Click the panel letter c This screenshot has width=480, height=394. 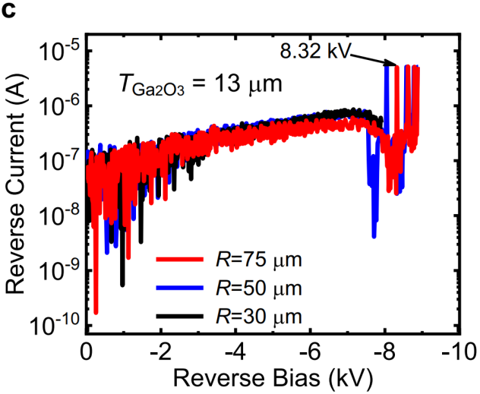tap(9, 10)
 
